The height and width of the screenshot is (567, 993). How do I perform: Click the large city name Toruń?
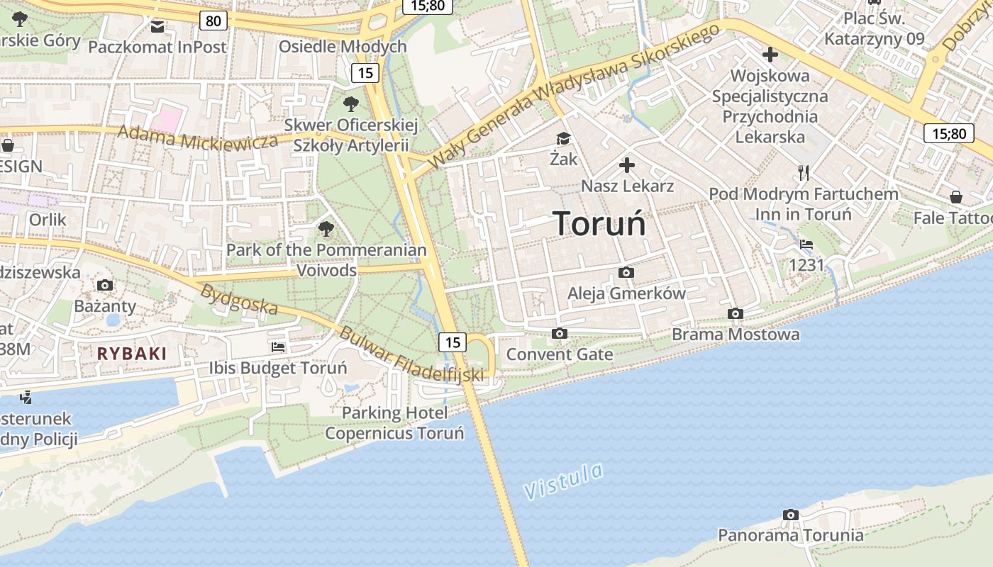599,224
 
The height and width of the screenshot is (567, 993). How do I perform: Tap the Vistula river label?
563,481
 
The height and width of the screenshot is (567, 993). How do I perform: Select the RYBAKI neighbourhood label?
132,354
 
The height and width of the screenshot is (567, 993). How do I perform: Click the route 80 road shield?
213,21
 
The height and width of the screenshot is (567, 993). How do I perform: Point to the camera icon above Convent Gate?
560,333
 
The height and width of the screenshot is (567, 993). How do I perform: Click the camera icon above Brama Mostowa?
736,313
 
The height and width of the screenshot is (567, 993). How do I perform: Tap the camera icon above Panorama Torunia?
791,515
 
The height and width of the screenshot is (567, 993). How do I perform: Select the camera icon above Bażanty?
105,285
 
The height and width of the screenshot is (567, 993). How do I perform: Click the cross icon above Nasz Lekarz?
627,166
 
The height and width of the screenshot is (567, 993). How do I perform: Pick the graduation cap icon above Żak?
564,138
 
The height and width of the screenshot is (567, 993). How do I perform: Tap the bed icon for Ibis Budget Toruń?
278,347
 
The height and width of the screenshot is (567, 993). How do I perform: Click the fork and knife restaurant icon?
804,172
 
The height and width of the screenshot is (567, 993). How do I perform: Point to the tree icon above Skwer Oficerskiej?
350,105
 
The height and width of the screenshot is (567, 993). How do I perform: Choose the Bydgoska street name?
238,299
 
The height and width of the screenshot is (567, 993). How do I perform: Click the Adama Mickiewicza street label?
197,137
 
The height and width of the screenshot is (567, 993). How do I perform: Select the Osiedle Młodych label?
343,46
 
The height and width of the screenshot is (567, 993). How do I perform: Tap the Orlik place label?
48,220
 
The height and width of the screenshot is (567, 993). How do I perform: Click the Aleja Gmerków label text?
626,293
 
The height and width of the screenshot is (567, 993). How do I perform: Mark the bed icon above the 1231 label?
806,245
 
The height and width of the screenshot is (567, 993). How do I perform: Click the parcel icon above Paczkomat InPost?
157,27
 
